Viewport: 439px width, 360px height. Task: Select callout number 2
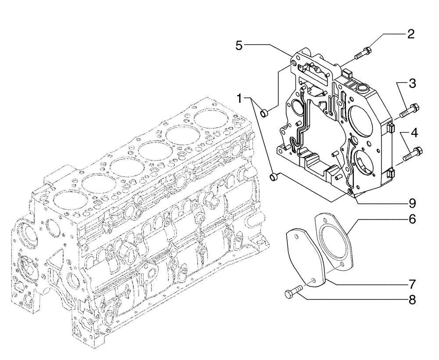[x=410, y=34]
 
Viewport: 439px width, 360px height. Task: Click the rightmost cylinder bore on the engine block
[x=212, y=118]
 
